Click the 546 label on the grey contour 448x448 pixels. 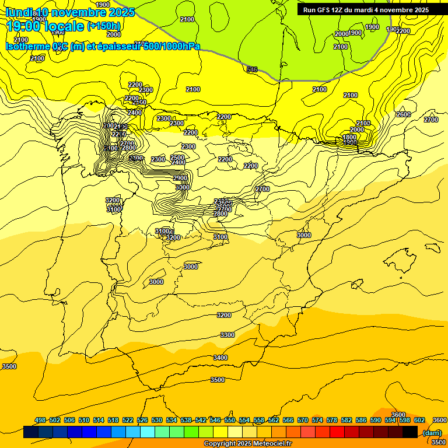[x=252, y=69]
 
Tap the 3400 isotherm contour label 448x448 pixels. [x=220, y=358]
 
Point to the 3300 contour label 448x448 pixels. [x=228, y=335]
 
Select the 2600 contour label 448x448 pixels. [x=403, y=114]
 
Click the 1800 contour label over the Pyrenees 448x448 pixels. [x=349, y=138]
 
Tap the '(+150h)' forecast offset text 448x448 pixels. [x=104, y=26]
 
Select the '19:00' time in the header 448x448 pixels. [x=23, y=26]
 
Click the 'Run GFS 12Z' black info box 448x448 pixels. [x=366, y=10]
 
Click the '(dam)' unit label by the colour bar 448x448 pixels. [x=432, y=432]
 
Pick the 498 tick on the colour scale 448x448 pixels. [x=40, y=420]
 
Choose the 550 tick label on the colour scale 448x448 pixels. [x=230, y=420]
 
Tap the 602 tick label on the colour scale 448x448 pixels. [x=419, y=420]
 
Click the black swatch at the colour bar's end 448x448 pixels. [x=410, y=432]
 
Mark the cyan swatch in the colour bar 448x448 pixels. [x=148, y=432]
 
